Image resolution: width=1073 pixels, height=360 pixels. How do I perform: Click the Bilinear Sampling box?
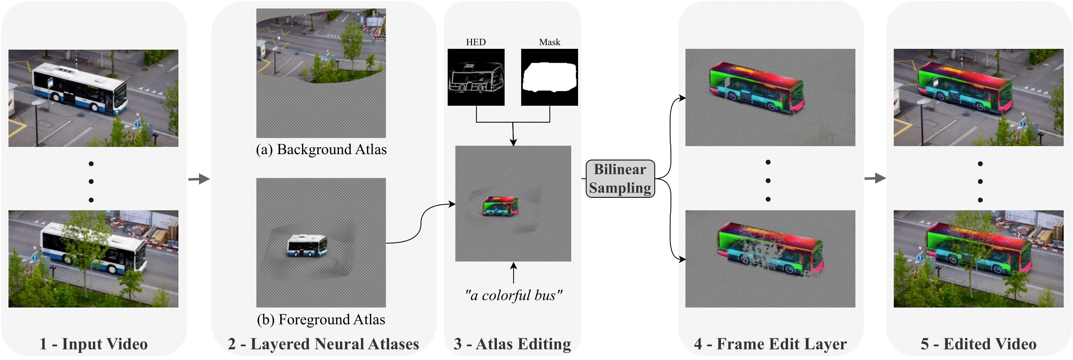pos(620,178)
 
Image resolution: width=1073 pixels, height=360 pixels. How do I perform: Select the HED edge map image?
pos(476,77)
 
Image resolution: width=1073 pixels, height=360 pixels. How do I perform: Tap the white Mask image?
pos(549,77)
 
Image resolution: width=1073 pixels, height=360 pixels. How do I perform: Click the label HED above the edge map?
pos(476,42)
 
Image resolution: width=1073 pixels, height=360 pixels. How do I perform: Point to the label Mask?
pos(549,42)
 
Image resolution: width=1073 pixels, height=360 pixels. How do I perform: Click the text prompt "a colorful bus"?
pos(513,295)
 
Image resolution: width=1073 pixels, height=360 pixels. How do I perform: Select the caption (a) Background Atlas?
pos(321,149)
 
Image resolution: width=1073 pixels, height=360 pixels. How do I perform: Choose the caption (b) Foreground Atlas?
pos(321,320)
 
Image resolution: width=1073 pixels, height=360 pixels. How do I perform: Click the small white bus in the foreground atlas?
pos(306,245)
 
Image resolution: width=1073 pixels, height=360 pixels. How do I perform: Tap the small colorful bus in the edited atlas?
pos(500,206)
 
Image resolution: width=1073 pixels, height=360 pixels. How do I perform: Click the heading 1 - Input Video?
pos(93,344)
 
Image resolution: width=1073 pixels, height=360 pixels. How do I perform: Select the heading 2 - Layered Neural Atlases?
pos(323,344)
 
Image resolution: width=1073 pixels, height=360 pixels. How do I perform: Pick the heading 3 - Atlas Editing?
pos(512,344)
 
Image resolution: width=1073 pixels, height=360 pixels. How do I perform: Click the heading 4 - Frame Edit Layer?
pos(770,344)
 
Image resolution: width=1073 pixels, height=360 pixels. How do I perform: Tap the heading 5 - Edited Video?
pos(979,344)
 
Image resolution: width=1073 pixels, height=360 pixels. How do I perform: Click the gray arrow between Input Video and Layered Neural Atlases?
pos(199,179)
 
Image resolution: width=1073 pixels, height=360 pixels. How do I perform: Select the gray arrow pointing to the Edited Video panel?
pos(875,178)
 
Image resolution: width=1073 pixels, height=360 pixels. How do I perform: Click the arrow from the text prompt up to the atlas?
pos(513,273)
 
